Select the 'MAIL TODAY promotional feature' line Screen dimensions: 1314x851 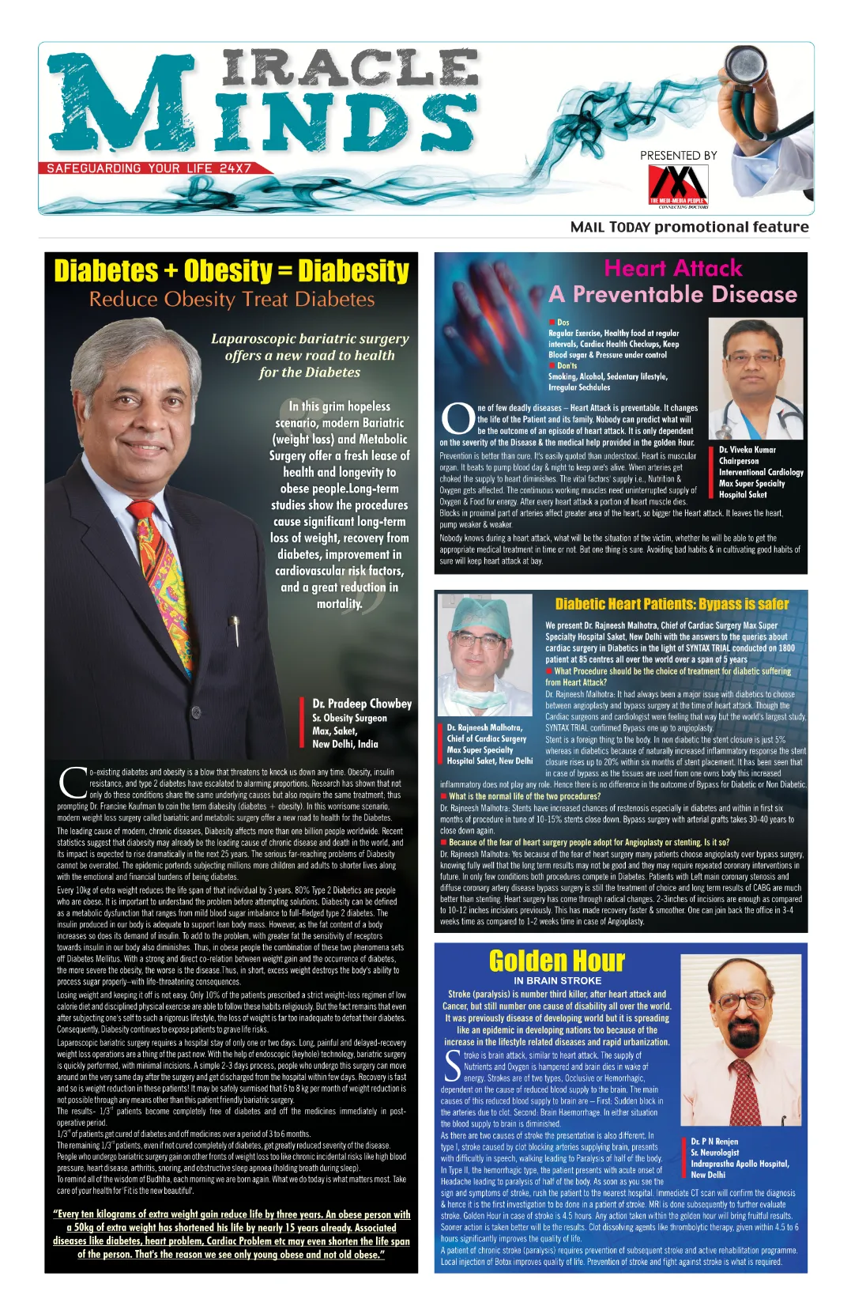click(689, 228)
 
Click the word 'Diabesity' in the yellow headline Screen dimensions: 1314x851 click(353, 271)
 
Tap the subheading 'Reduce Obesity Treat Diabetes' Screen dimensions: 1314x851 click(232, 300)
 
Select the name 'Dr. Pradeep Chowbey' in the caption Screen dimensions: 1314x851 click(362, 704)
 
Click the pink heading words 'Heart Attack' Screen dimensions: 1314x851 click(673, 268)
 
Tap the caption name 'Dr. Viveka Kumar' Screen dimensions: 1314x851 click(747, 450)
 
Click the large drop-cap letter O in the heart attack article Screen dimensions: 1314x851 click(458, 418)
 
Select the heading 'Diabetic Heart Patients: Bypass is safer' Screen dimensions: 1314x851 click(672, 604)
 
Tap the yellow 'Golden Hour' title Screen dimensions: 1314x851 click(556, 961)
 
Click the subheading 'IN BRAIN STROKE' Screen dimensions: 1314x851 click(557, 980)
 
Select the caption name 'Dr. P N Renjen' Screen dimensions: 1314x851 click(714, 1142)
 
